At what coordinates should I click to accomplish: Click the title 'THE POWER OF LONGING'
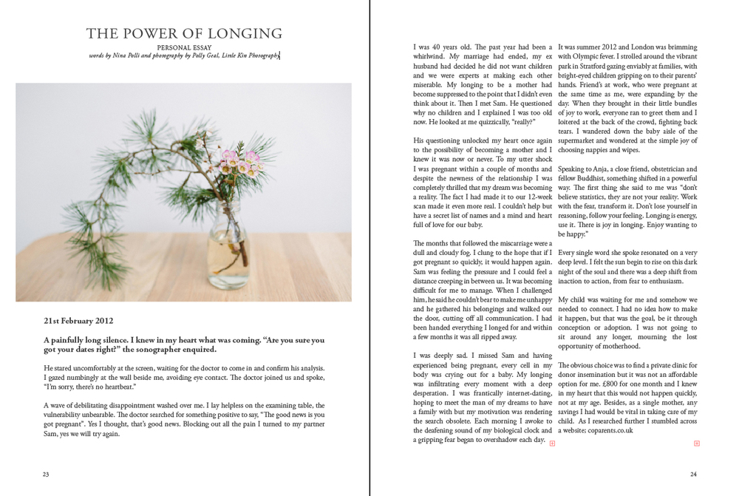tap(184, 33)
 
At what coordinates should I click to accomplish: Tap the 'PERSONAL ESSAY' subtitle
tap(184, 47)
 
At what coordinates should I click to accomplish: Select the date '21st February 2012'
tap(78, 322)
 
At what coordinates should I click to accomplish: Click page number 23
tap(46, 474)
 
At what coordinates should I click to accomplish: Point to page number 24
tap(693, 474)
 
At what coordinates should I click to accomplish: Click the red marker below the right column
tap(696, 444)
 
